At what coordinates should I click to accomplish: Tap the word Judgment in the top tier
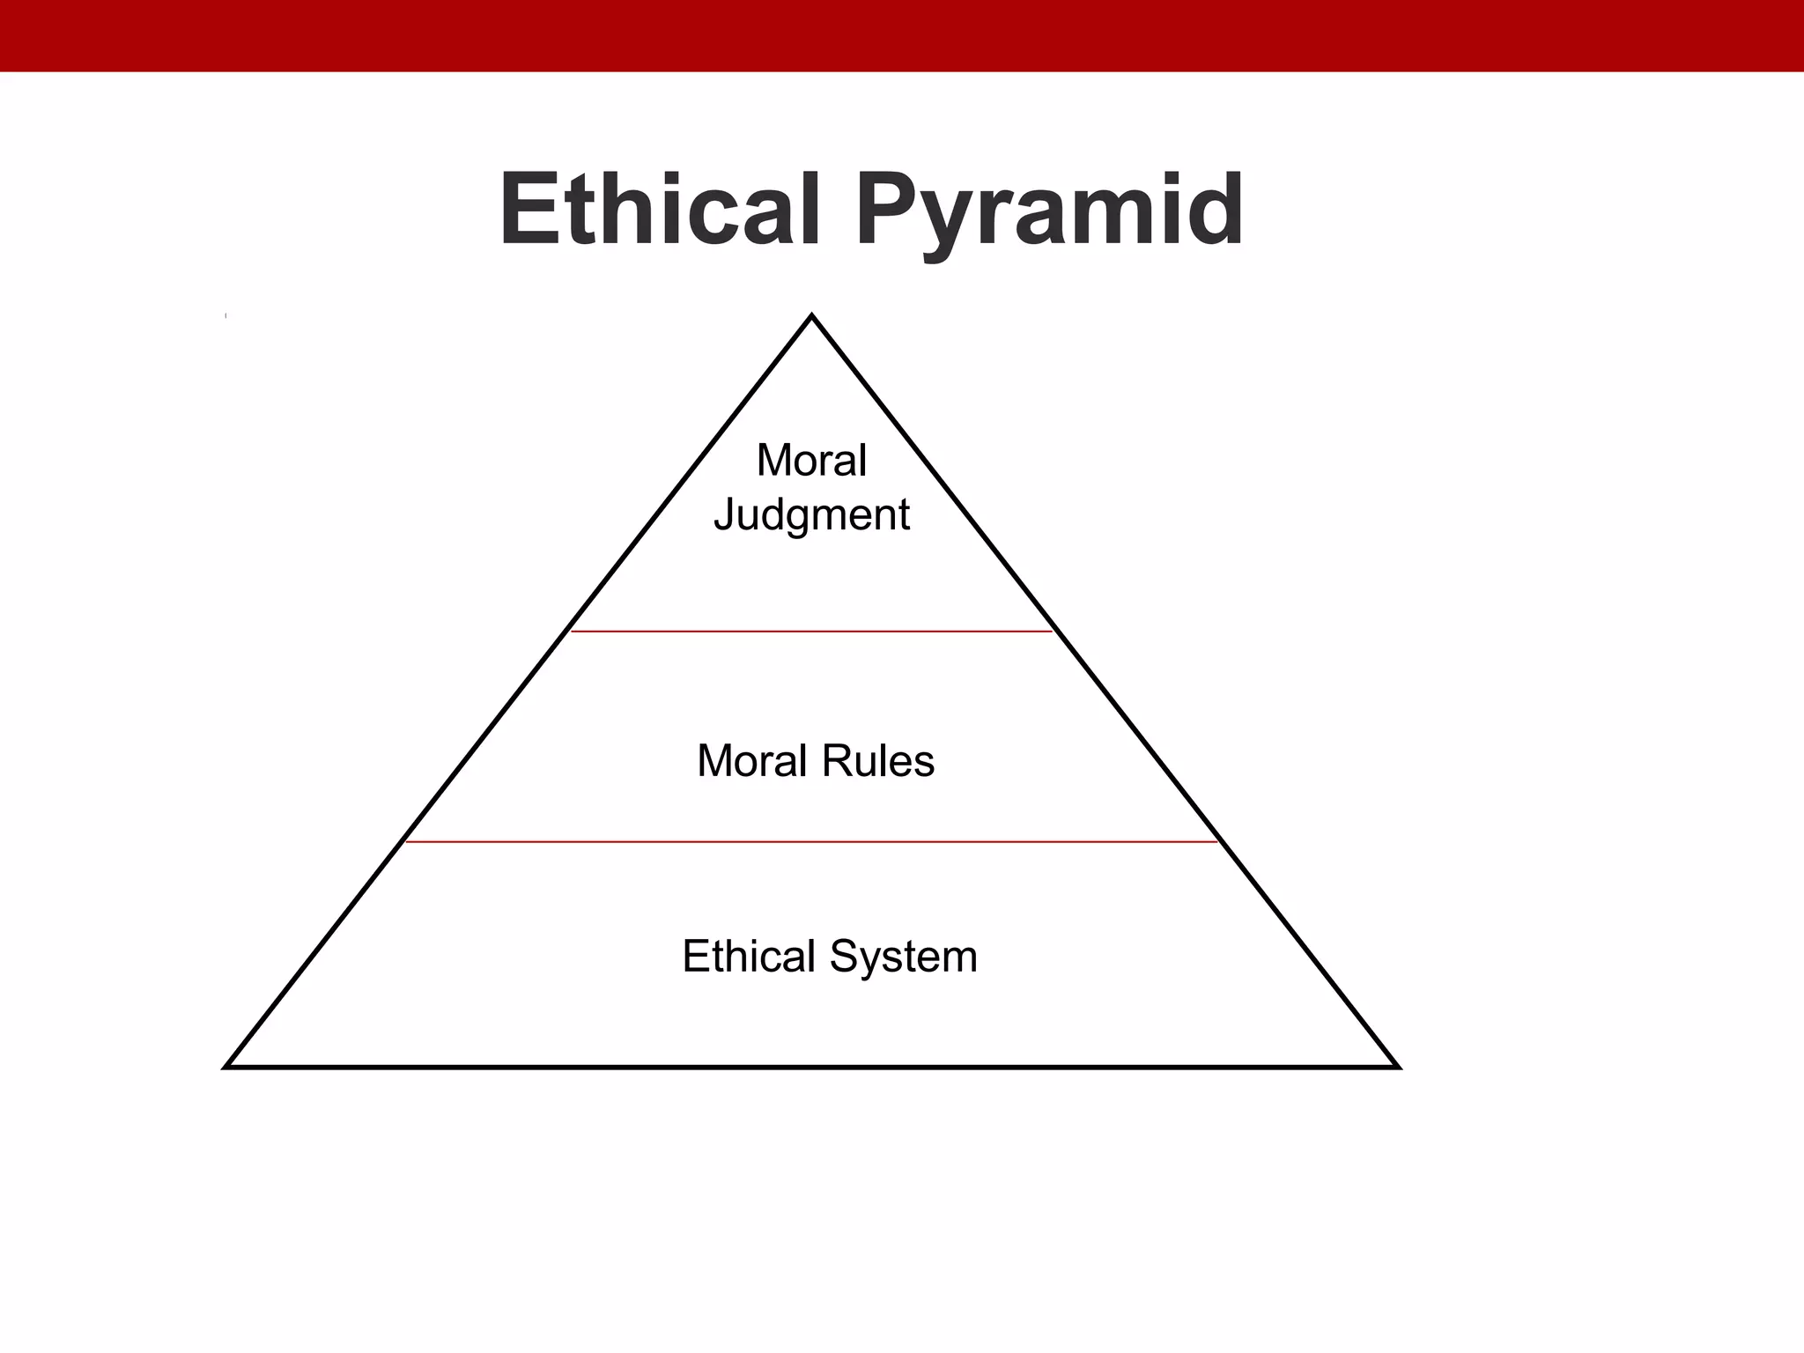coord(811,515)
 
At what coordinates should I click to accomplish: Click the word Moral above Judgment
coord(811,460)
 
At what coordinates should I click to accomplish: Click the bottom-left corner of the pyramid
coord(227,1066)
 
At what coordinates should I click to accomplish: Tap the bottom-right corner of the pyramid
coord(1397,1066)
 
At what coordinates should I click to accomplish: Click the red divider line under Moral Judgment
coord(811,632)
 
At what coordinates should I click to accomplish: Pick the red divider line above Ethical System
coord(811,842)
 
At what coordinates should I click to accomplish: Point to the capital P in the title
coord(884,210)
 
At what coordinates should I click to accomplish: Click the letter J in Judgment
coord(725,514)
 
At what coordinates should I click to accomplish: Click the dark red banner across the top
coord(902,35)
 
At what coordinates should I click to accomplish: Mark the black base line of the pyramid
coord(811,1067)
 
